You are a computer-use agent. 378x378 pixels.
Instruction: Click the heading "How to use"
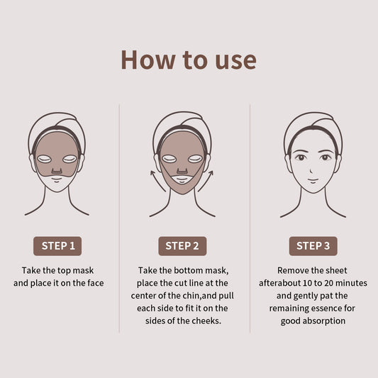(189, 60)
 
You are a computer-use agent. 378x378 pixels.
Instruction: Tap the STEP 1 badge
(57, 246)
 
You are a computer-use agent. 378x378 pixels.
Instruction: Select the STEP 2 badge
(182, 246)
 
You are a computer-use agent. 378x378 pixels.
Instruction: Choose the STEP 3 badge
(313, 246)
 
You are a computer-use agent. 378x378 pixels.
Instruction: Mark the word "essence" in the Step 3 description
(338, 308)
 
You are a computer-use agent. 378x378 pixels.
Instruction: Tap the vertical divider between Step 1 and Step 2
(119, 213)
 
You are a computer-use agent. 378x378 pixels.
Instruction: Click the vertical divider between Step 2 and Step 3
(250, 213)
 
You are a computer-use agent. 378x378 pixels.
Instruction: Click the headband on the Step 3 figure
(313, 129)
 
